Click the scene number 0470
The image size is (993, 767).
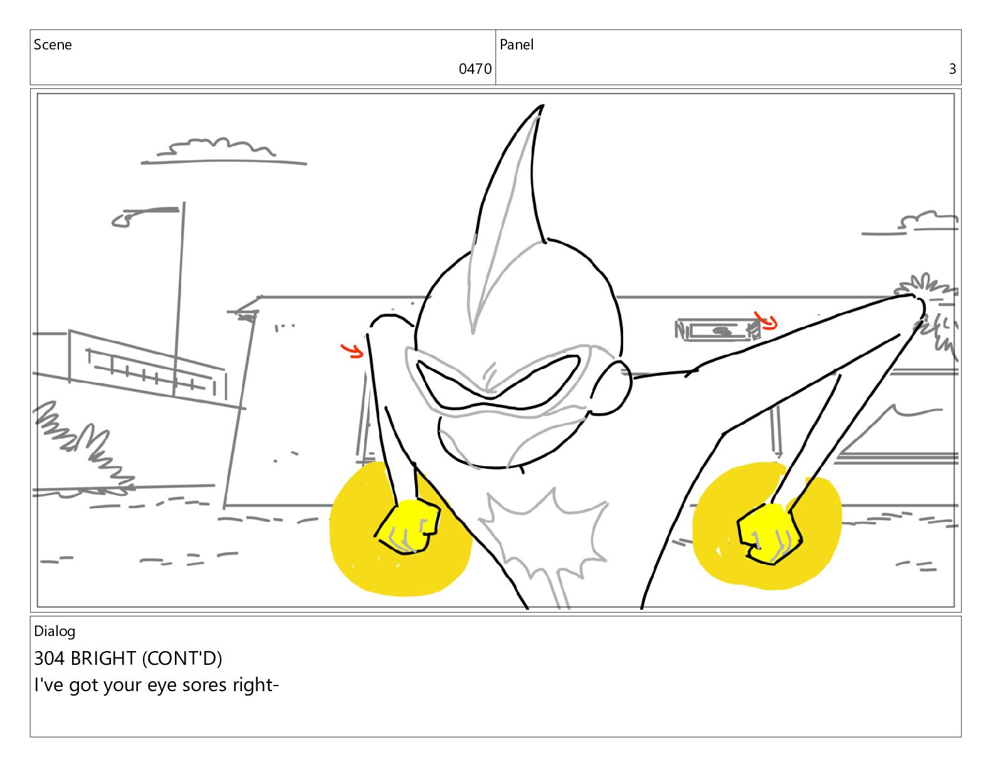[x=475, y=69]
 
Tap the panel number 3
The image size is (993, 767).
[x=952, y=69]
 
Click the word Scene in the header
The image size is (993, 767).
[x=53, y=44]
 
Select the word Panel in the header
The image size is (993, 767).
[x=517, y=44]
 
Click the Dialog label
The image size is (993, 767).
[x=55, y=631]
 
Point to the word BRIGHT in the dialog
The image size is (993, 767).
[x=103, y=659]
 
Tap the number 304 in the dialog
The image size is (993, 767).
[x=50, y=659]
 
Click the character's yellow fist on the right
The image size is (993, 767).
[x=769, y=533]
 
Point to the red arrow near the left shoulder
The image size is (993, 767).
[x=352, y=350]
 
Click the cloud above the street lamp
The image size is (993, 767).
[x=219, y=149]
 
